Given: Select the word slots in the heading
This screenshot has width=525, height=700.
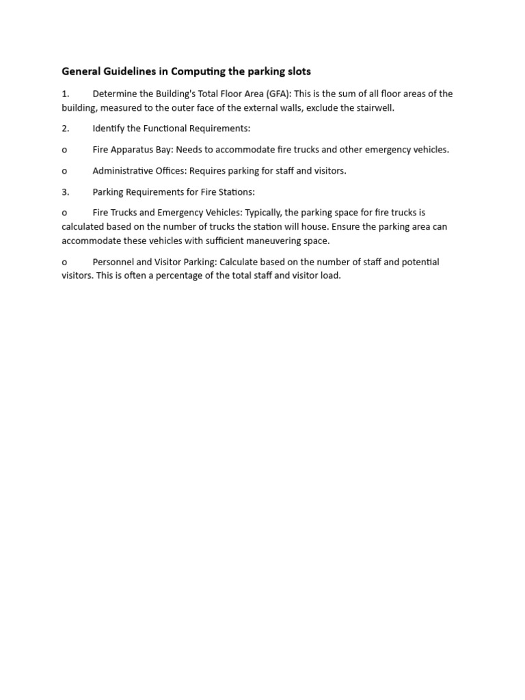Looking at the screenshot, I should click(297, 71).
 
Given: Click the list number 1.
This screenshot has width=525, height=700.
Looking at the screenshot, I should click(65, 94).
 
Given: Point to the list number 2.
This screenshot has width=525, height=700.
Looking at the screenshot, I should click(65, 129).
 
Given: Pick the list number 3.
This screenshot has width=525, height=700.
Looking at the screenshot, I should click(65, 192).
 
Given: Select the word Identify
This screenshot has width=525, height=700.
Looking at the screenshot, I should click(109, 129).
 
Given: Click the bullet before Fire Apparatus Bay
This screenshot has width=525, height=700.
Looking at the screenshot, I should click(64, 150).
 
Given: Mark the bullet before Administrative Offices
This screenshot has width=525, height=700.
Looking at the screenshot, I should click(64, 172).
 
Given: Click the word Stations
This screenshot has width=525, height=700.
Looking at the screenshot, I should click(235, 192).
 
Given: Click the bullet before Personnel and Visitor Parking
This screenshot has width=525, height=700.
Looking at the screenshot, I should click(64, 262).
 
